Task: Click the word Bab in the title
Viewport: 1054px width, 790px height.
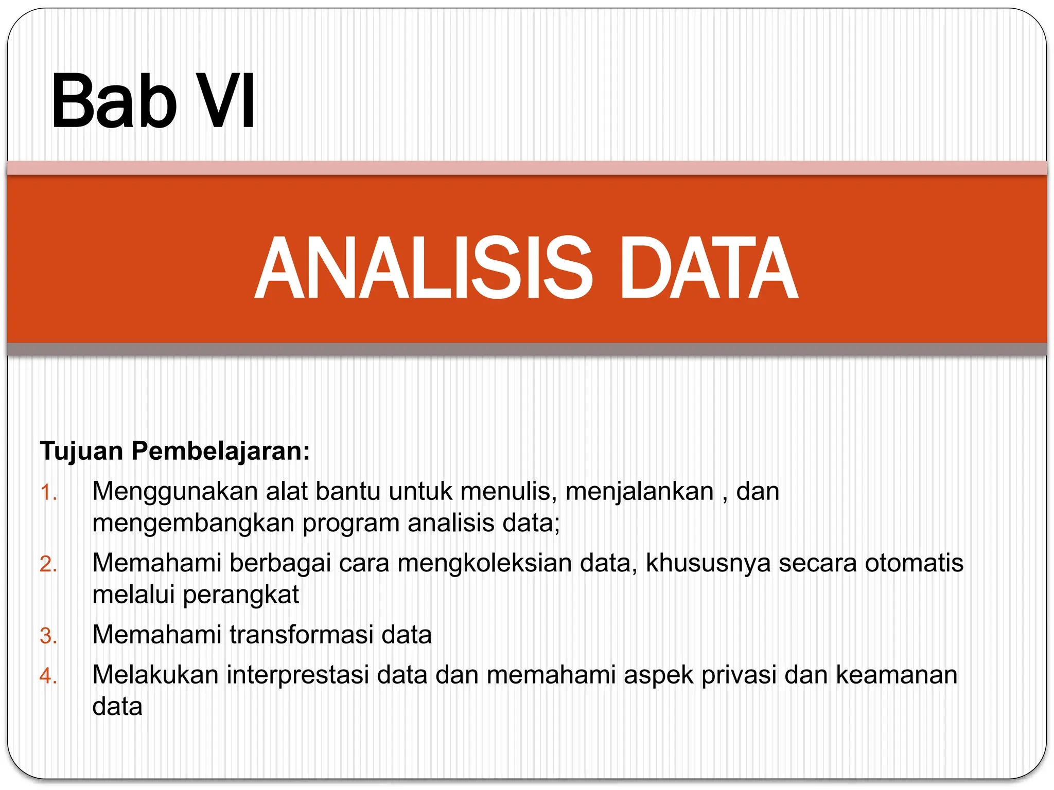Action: pyautogui.click(x=114, y=101)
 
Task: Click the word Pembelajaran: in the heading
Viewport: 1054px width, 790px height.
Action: pyautogui.click(x=221, y=451)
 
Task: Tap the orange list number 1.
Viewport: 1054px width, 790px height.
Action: pyautogui.click(x=48, y=493)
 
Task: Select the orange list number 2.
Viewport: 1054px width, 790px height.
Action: pyautogui.click(x=48, y=564)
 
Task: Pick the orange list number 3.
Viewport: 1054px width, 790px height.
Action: pyautogui.click(x=48, y=636)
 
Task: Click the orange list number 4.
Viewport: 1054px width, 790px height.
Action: pyautogui.click(x=48, y=676)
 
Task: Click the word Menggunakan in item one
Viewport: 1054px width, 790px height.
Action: pyautogui.click(x=174, y=492)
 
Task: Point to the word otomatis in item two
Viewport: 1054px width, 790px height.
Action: pyautogui.click(x=914, y=563)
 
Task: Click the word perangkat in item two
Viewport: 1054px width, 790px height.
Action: pyautogui.click(x=241, y=595)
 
